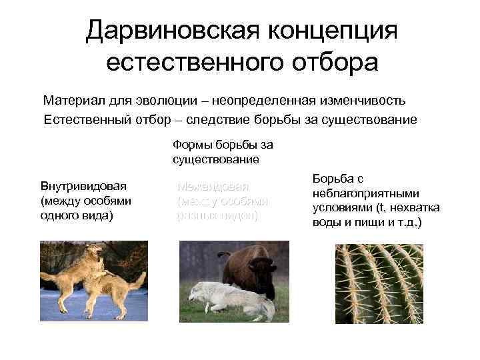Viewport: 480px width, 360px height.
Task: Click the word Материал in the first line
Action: click(x=71, y=101)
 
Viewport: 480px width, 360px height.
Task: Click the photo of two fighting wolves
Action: click(x=93, y=281)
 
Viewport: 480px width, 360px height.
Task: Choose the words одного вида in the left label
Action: click(x=77, y=215)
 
